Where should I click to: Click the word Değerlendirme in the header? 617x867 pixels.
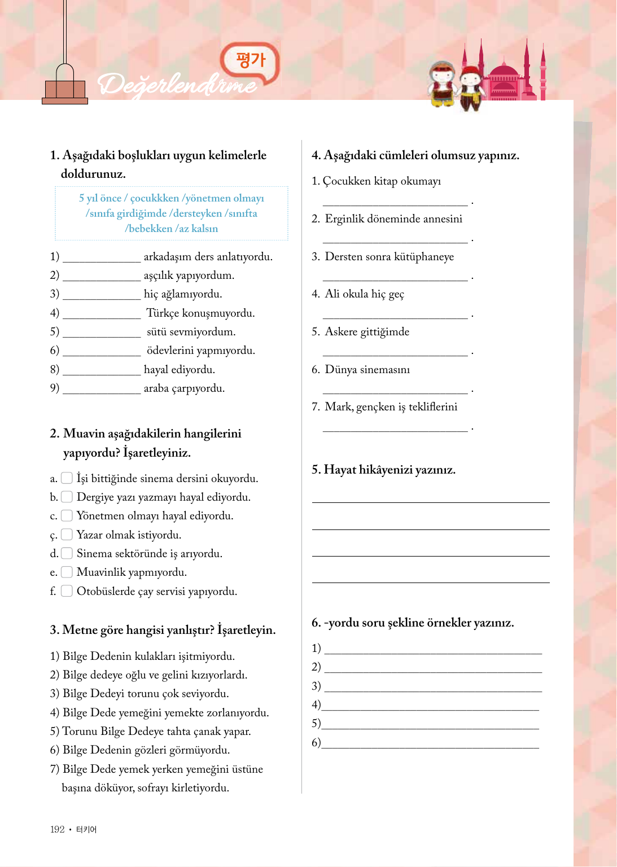[177, 85]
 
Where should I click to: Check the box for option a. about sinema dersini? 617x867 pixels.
[67, 478]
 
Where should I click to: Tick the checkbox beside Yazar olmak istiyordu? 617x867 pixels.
[67, 534]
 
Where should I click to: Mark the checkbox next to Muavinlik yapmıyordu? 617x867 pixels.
[67, 572]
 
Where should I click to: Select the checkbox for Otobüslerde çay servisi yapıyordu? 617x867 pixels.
[67, 591]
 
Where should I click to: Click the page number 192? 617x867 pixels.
[57, 829]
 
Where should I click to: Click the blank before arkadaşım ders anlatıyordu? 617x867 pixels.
[102, 257]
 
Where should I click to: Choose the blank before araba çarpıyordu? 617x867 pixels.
[102, 389]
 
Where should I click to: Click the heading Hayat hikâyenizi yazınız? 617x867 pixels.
[384, 470]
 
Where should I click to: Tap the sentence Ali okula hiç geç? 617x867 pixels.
[365, 294]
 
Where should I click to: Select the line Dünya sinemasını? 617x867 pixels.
[367, 370]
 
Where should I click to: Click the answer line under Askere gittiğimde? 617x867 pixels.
[395, 352]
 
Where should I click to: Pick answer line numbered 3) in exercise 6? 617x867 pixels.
[433, 688]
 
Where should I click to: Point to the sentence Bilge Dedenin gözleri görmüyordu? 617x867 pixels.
[146, 750]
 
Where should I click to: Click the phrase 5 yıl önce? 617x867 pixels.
[100, 198]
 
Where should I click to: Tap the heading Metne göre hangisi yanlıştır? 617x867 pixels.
[163, 630]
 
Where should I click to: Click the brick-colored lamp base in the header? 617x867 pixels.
[65, 90]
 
